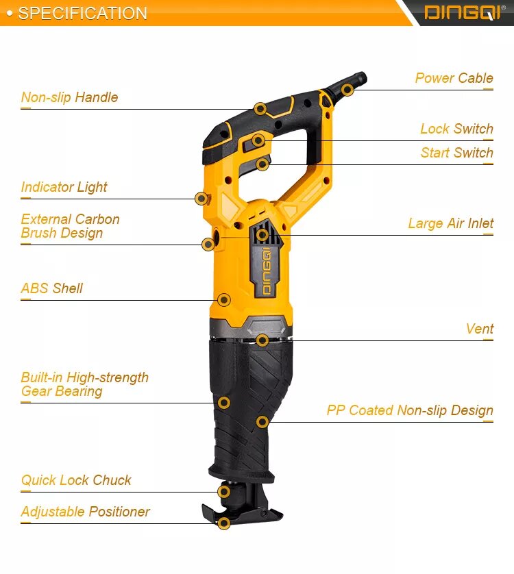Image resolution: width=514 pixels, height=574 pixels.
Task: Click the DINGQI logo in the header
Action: pyautogui.click(x=464, y=13)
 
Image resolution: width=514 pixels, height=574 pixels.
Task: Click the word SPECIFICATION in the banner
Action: pyautogui.click(x=82, y=13)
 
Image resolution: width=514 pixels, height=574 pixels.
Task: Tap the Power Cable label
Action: pyautogui.click(x=454, y=78)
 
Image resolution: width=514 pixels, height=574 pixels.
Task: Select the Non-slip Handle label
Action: pyautogui.click(x=70, y=97)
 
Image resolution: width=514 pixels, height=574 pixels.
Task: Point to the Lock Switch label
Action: pyautogui.click(x=456, y=129)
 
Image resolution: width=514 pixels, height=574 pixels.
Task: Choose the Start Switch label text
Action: pyautogui.click(x=457, y=153)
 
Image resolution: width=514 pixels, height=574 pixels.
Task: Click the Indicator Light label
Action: pyautogui.click(x=64, y=187)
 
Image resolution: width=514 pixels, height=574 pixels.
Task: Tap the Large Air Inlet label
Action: pyautogui.click(x=451, y=223)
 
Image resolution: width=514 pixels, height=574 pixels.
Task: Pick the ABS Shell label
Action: pyautogui.click(x=51, y=288)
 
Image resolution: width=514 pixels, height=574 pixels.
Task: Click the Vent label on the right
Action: pyautogui.click(x=480, y=328)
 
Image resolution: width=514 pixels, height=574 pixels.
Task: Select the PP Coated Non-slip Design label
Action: pyautogui.click(x=410, y=410)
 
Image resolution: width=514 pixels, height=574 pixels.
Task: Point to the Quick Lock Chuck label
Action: pyautogui.click(x=76, y=480)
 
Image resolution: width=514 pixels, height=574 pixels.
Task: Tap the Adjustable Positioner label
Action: pyautogui.click(x=86, y=512)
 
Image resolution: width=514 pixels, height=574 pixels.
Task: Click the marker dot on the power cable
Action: pyautogui.click(x=347, y=90)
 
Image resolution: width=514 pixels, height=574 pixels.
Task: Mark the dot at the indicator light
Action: pyautogui.click(x=201, y=199)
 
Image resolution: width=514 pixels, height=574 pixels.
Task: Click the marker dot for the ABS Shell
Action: pyautogui.click(x=224, y=300)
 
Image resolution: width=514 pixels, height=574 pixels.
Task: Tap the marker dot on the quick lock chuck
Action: pyautogui.click(x=224, y=492)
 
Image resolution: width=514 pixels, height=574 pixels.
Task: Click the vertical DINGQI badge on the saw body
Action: pyautogui.click(x=267, y=271)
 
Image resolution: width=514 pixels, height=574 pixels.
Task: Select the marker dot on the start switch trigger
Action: pyautogui.click(x=262, y=164)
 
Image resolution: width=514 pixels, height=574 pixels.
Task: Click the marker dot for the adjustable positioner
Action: pyautogui.click(x=224, y=523)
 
